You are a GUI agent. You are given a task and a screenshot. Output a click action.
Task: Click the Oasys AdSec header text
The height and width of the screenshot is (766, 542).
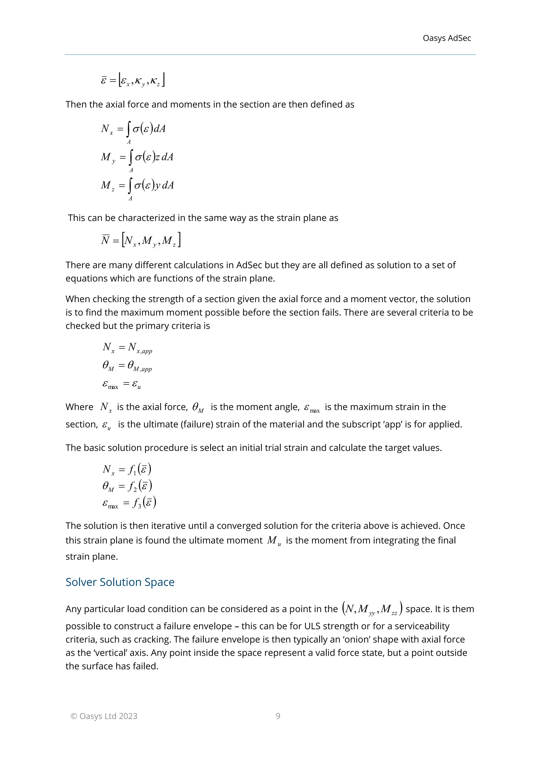click(x=446, y=38)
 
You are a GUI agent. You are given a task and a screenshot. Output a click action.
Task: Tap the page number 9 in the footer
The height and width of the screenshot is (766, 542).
click(x=278, y=716)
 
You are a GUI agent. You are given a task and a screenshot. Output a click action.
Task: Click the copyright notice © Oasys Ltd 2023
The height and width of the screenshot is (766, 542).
click(x=104, y=716)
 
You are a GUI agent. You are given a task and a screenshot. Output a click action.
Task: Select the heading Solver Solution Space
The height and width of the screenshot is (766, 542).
click(x=120, y=582)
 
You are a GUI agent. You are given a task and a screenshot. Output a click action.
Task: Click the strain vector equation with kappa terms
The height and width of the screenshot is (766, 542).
click(x=133, y=80)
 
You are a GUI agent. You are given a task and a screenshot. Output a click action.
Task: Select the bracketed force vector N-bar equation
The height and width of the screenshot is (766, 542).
click(x=141, y=240)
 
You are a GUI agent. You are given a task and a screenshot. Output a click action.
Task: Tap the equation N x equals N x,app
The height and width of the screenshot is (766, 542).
click(x=127, y=348)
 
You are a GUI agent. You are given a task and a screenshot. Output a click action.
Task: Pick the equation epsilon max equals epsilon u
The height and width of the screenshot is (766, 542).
click(x=122, y=384)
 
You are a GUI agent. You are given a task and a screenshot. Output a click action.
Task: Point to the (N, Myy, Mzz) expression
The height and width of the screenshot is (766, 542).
click(x=372, y=609)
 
